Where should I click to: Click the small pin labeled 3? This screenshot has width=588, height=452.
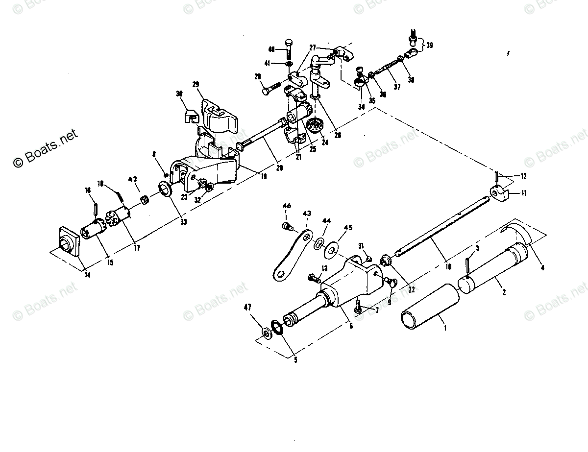click(x=468, y=267)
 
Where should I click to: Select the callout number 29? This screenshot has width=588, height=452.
click(x=196, y=85)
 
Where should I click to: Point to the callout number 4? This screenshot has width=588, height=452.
click(x=542, y=267)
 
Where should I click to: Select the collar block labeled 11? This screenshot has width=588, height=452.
click(x=499, y=194)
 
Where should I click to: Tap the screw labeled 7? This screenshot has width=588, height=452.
click(x=358, y=308)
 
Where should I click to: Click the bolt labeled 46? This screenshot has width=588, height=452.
click(x=288, y=226)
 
